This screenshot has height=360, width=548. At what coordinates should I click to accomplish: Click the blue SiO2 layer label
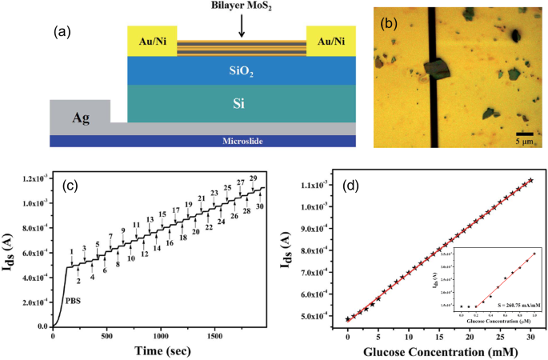click(x=241, y=70)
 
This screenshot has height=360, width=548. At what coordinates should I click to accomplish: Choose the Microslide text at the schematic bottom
click(x=241, y=142)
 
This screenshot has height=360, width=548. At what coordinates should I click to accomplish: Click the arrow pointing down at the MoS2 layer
click(x=241, y=27)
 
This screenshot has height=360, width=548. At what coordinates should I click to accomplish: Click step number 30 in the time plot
click(x=260, y=206)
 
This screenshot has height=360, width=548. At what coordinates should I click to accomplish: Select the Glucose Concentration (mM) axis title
click(x=438, y=351)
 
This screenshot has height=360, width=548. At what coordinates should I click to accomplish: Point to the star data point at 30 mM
click(x=530, y=181)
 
